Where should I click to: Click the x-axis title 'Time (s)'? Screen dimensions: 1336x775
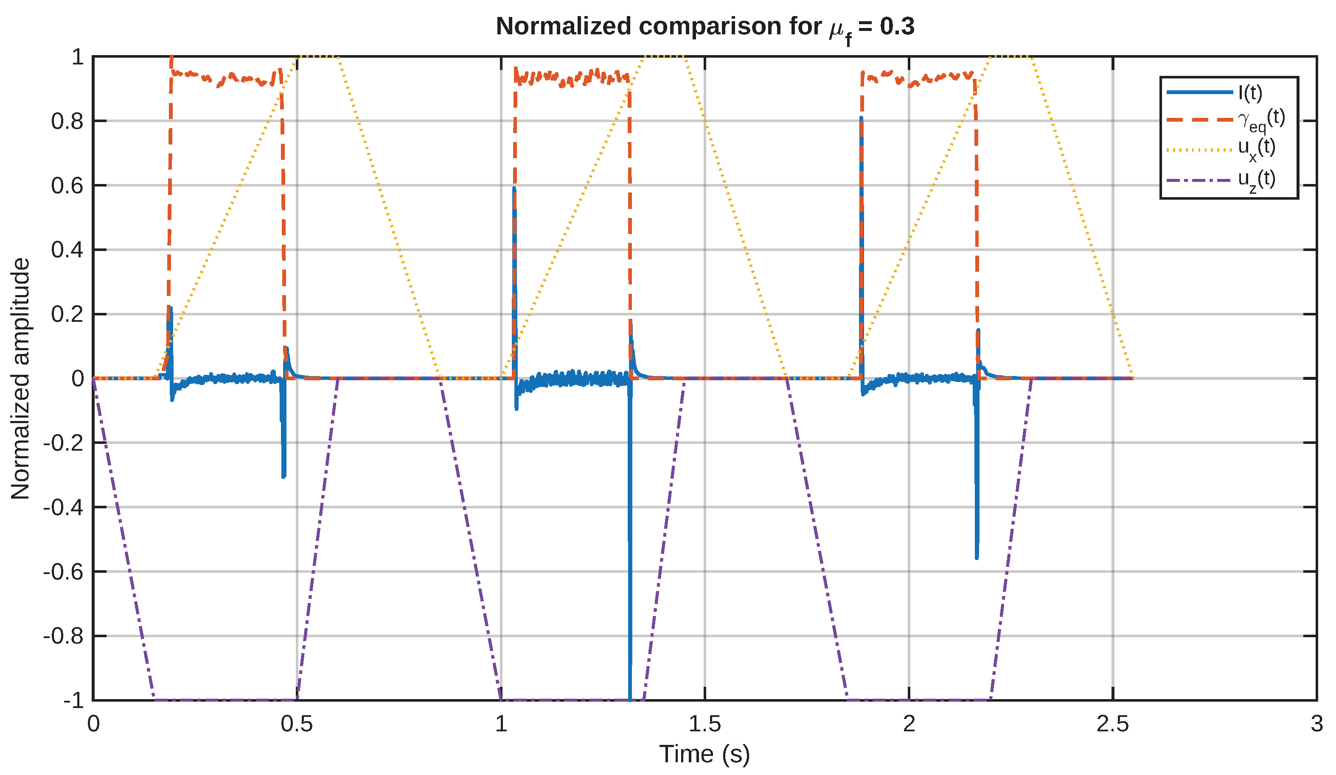pos(704,754)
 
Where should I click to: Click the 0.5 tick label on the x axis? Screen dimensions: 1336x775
pos(297,724)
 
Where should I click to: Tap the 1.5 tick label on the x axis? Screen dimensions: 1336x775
pos(704,724)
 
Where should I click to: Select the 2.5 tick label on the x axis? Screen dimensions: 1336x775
pos(1113,724)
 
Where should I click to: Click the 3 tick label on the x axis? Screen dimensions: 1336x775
pos(1317,724)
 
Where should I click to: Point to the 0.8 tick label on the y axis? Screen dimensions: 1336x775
pos(67,121)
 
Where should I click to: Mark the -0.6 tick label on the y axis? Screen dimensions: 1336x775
pos(64,572)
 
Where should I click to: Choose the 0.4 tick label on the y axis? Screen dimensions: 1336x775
pos(67,250)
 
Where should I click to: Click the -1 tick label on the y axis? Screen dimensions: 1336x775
pos(74,701)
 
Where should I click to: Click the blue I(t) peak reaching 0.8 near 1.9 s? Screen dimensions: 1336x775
pos(861,117)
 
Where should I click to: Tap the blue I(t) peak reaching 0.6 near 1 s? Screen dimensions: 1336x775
pos(514,188)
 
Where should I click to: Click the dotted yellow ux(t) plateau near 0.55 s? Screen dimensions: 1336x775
pos(317,56)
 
